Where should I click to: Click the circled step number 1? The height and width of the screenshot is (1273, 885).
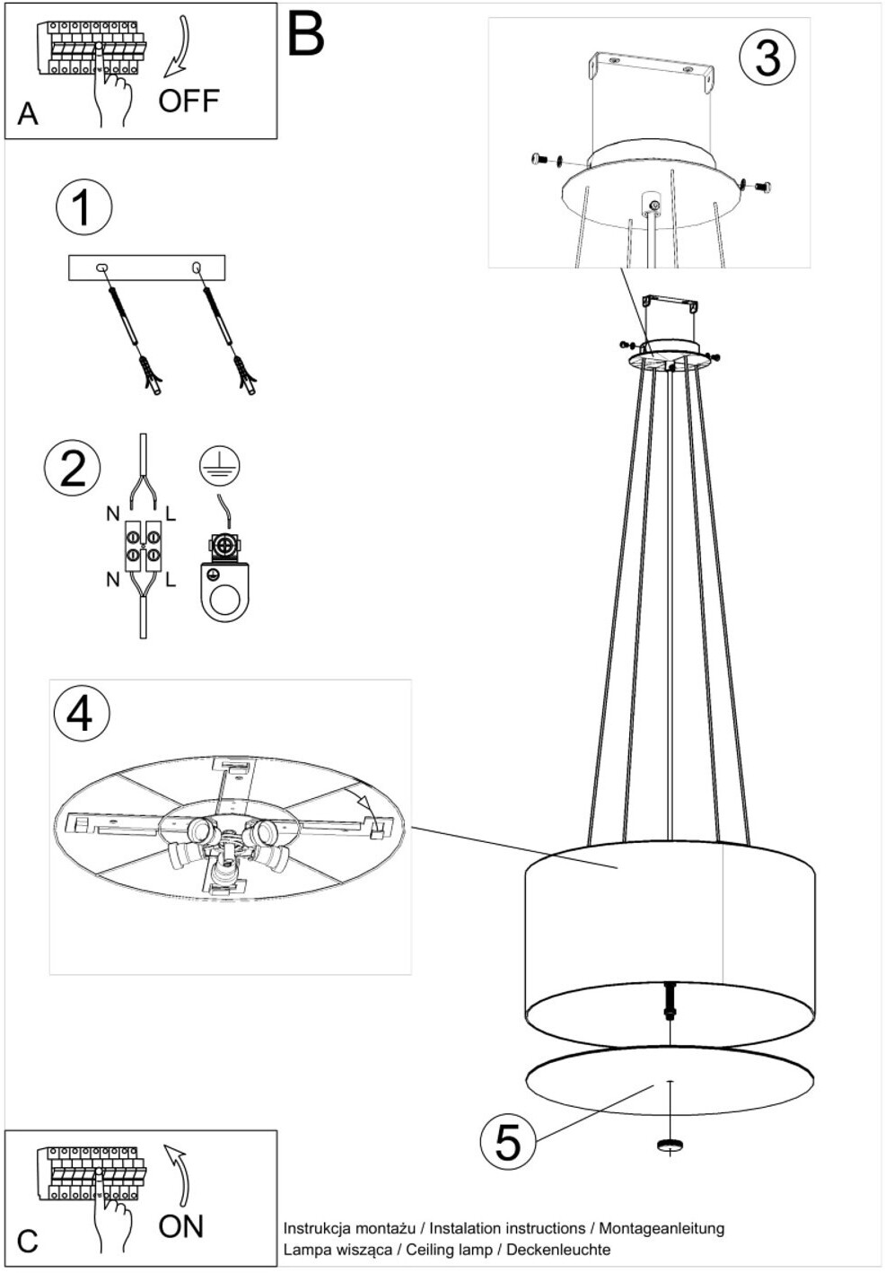84,207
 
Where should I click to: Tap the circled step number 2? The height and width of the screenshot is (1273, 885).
72,470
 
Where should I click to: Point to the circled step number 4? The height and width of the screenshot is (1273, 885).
80,713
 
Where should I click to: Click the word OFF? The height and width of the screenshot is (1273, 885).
188,101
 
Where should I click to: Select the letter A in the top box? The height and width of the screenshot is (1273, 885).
27,114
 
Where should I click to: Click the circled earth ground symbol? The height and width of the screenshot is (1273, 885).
219,465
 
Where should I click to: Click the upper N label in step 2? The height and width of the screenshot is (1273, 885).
112,514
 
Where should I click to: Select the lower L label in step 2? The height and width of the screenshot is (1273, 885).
170,580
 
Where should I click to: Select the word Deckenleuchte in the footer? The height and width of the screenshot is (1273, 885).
558,1244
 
